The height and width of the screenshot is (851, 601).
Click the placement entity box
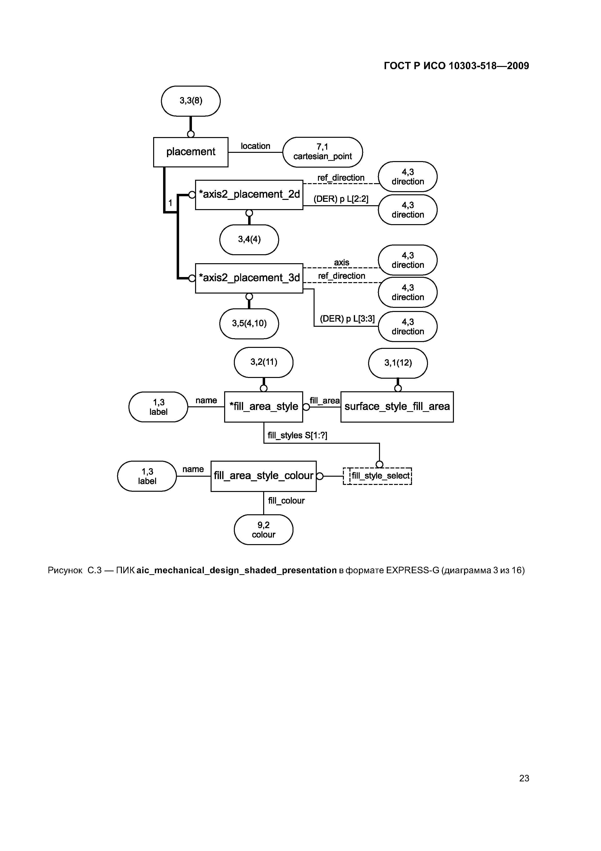[x=191, y=152]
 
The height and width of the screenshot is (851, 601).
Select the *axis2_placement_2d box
[x=249, y=195]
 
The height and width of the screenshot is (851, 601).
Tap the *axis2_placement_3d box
[x=249, y=278]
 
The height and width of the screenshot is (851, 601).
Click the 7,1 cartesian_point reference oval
[x=323, y=152]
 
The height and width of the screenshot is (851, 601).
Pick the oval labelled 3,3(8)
[x=191, y=101]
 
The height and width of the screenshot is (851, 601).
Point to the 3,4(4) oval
[x=249, y=239]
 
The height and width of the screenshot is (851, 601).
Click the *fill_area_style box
[x=264, y=407]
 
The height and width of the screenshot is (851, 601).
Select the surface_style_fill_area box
[x=397, y=407]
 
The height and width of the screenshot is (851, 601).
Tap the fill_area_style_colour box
[x=264, y=476]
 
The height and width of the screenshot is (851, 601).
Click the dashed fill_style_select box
[x=378, y=476]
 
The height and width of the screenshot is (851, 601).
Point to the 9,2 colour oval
[x=264, y=530]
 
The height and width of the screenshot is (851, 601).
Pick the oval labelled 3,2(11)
[x=264, y=362]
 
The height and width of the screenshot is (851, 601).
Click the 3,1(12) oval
[x=398, y=363]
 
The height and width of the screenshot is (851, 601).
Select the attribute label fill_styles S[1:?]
[x=297, y=435]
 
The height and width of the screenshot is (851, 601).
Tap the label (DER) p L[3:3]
[x=347, y=319]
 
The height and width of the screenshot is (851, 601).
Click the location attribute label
[x=255, y=146]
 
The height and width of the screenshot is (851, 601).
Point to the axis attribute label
[x=341, y=262]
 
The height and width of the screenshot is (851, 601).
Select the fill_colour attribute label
[x=286, y=501]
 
